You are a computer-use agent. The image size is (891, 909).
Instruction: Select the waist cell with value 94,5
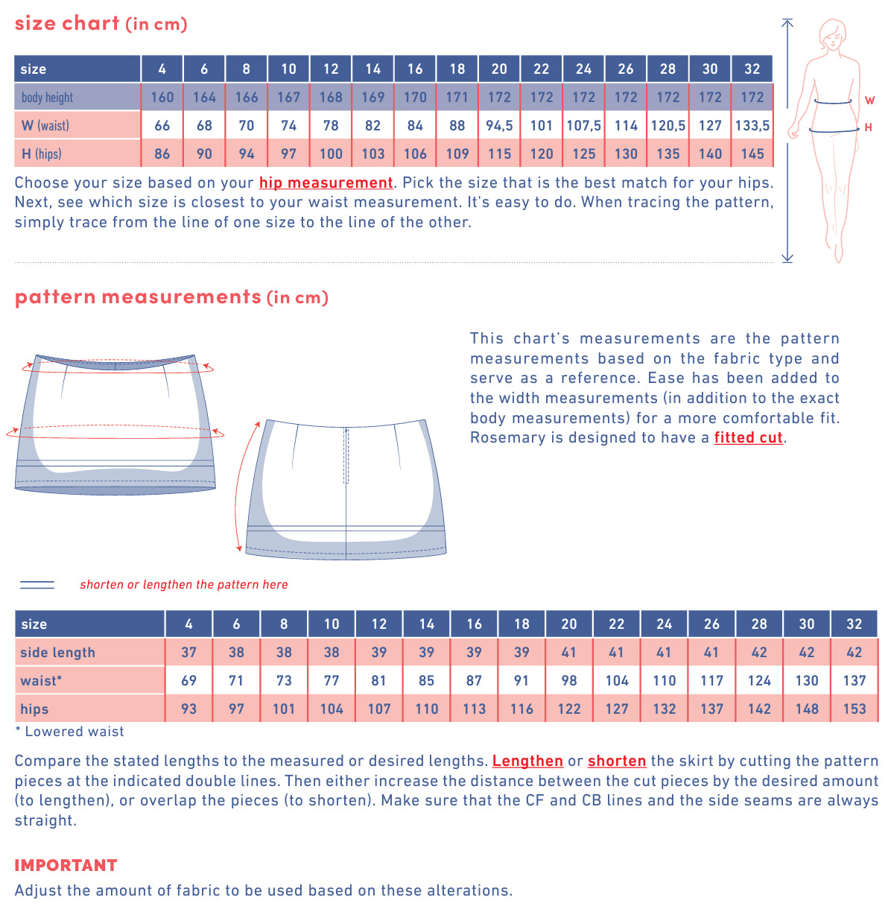[x=499, y=126]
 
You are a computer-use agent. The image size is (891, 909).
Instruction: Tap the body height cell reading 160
[x=162, y=98]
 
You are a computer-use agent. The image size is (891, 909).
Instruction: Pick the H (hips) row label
[x=42, y=154]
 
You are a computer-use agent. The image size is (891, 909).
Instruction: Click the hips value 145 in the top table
[x=752, y=154]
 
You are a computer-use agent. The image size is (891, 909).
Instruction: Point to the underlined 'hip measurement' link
[x=326, y=183]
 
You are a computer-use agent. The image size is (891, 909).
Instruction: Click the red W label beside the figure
[x=869, y=101]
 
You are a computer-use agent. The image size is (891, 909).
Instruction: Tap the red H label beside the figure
[x=868, y=128]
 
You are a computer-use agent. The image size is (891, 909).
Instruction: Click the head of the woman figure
[x=831, y=34]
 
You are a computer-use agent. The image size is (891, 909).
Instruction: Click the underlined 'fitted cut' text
[x=748, y=437]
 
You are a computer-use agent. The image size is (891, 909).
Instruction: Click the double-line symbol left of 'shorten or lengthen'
[x=37, y=585]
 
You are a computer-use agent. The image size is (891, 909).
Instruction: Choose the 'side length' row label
[x=57, y=653]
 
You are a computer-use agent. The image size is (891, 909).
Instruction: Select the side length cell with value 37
[x=189, y=653]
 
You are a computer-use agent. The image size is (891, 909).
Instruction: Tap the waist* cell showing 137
[x=854, y=681]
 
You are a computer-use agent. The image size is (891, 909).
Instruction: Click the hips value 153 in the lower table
[x=854, y=709]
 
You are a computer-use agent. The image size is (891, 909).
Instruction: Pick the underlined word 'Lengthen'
[x=527, y=761]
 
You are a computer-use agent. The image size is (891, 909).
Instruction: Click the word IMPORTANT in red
[x=66, y=866]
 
